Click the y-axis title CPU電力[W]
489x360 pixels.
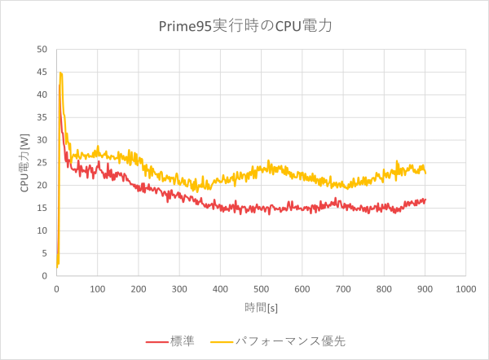coord(24,162)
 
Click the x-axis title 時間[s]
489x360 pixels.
coord(261,308)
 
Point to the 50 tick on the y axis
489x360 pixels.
coord(42,49)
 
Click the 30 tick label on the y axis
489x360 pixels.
coord(42,139)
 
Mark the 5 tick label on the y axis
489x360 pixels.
coord(44,253)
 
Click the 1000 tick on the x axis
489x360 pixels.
coord(465,288)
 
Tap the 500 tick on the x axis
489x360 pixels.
coord(261,288)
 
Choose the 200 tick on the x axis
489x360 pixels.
coord(138,288)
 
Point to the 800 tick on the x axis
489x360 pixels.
coord(384,288)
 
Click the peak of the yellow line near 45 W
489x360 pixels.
coord(60,72)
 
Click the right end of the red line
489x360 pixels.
coord(425,200)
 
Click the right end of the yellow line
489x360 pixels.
coord(425,173)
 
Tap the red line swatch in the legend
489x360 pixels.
coord(156,341)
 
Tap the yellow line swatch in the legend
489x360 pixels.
coord(222,341)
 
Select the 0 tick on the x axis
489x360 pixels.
coord(56,288)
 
